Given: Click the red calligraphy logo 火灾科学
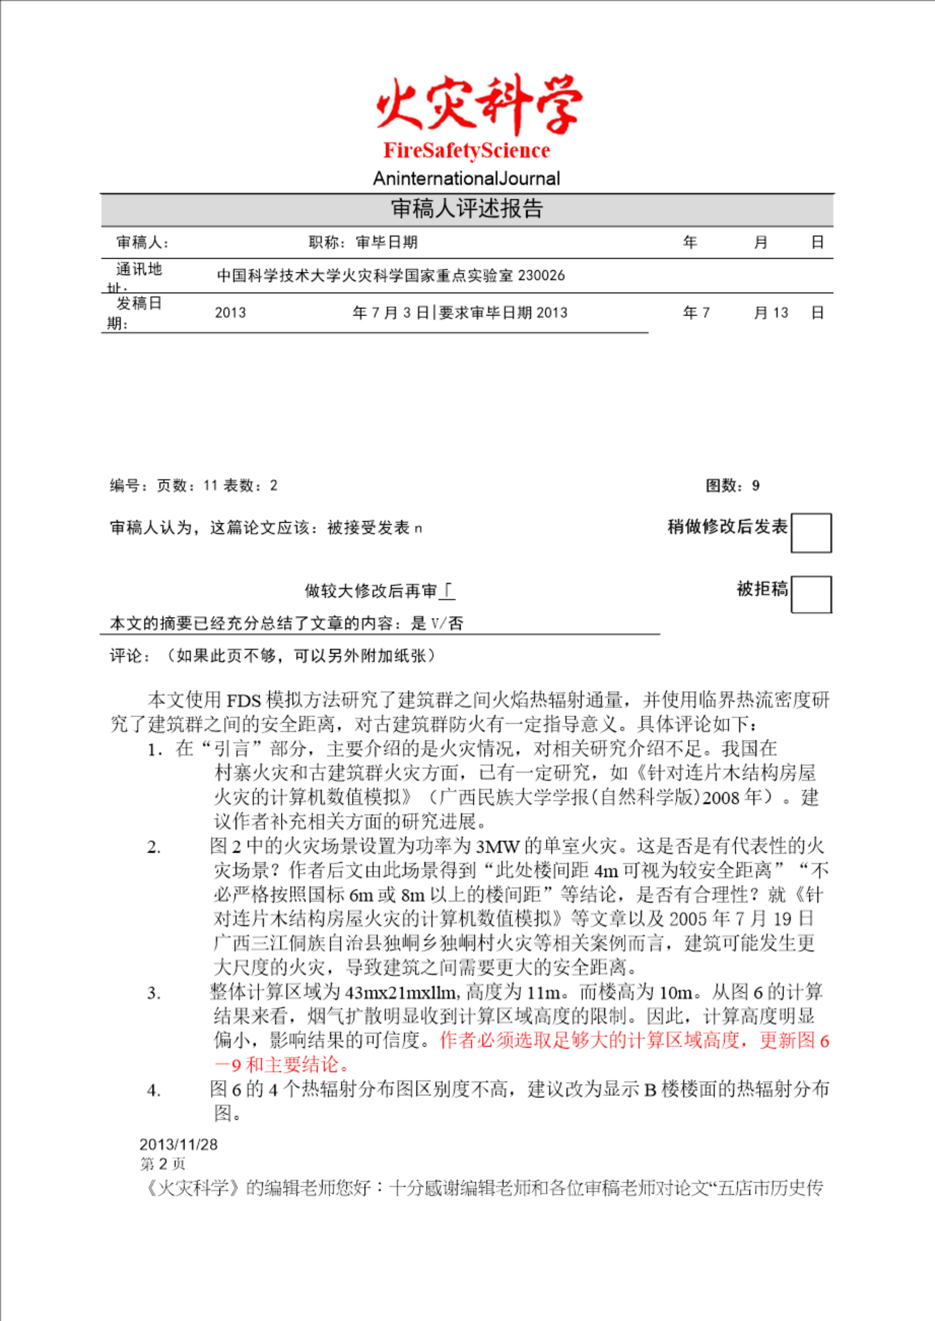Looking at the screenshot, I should tap(479, 104).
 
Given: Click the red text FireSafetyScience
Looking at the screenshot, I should tap(467, 151).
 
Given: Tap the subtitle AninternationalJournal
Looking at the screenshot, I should tap(467, 178).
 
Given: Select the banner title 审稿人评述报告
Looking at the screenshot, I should tap(467, 209).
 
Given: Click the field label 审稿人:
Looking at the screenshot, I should tap(143, 243).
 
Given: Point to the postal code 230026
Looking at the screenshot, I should tap(541, 276).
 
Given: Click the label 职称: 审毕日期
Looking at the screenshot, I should tap(363, 243).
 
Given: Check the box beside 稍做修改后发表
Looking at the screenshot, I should tap(811, 533).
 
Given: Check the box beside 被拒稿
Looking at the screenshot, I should tap(811, 594).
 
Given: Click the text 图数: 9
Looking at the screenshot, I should tap(732, 486).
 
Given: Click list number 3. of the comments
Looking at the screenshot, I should tap(154, 993).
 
